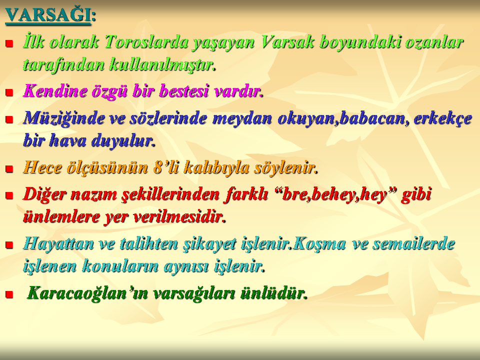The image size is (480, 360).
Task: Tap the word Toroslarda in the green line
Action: [146, 41]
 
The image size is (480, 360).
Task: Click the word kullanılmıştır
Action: [162, 64]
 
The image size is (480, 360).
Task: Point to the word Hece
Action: [42, 167]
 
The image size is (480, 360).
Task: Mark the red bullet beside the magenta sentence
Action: [9, 92]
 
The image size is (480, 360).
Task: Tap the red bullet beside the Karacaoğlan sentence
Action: [9, 294]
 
